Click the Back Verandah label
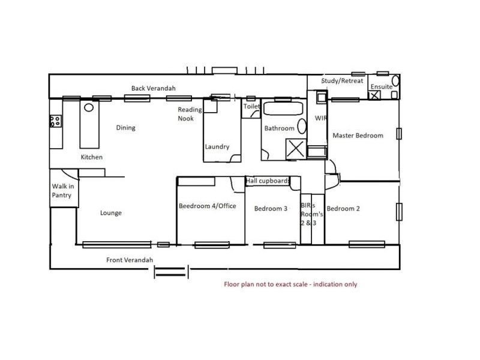point(154,88)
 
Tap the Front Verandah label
point(130,260)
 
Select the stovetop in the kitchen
point(56,121)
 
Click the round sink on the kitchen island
point(89,107)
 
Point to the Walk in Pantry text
point(63,191)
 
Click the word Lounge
point(111,213)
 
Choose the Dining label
point(125,128)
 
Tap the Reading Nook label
point(190,114)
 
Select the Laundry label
point(217,146)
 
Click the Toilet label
point(251,106)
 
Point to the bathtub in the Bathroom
point(283,109)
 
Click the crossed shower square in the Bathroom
point(296,149)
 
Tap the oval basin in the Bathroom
point(302,126)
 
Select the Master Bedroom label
point(358,136)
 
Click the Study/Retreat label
point(342,81)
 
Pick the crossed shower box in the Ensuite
point(374,95)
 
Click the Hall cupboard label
point(268,181)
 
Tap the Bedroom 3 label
point(271,209)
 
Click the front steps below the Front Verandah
point(171,272)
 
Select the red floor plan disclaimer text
point(290,284)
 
